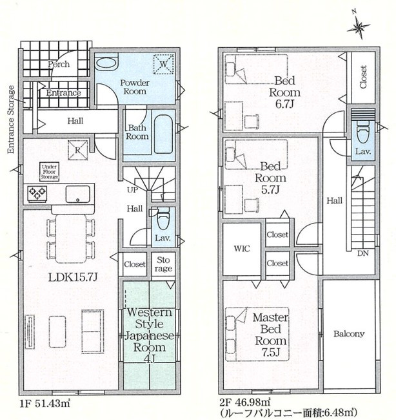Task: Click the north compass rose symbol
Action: click(x=359, y=26)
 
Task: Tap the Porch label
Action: click(x=59, y=64)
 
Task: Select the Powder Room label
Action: click(x=135, y=87)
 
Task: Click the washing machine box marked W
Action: click(x=163, y=64)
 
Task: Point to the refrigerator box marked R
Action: click(x=77, y=150)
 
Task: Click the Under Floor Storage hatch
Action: click(x=50, y=172)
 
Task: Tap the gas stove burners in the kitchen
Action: click(x=37, y=193)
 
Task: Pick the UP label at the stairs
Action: click(x=132, y=190)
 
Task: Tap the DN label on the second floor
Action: click(x=363, y=253)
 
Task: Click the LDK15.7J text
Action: click(x=73, y=277)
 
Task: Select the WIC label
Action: click(x=242, y=249)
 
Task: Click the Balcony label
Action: click(x=349, y=334)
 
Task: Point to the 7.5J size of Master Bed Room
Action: click(x=271, y=353)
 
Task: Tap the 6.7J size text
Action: click(x=284, y=103)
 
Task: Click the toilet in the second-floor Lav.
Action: click(x=363, y=133)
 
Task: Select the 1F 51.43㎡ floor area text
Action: click(x=45, y=403)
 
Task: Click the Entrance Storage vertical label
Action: click(x=11, y=120)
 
